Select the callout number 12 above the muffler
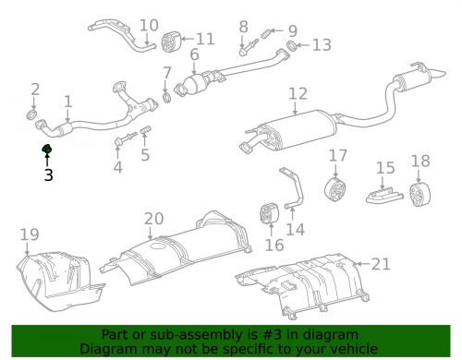tap(297, 93)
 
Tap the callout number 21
tap(381, 264)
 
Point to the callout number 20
tap(153, 219)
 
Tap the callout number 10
tap(149, 25)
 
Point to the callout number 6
tap(194, 54)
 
